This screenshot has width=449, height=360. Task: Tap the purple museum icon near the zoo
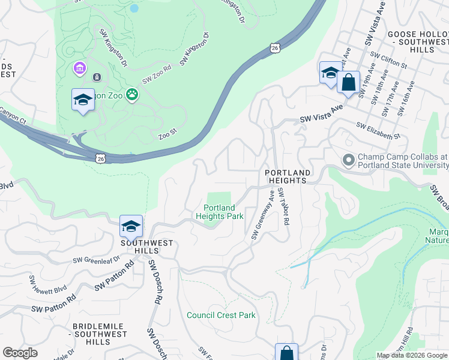[79, 70]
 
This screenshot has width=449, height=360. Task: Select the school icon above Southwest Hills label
[131, 226]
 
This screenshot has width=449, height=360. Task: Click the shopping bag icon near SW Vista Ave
[348, 82]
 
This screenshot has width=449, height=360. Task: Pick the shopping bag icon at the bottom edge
[286, 353]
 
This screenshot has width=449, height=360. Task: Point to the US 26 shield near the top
[275, 47]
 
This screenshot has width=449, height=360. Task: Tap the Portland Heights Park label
[219, 212]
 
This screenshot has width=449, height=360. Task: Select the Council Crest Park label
[221, 315]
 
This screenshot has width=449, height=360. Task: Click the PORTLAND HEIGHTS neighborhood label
[288, 177]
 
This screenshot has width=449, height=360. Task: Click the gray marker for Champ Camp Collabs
[348, 160]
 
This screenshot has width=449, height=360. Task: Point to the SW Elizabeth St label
[378, 131]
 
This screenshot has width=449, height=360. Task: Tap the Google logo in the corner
[20, 353]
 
